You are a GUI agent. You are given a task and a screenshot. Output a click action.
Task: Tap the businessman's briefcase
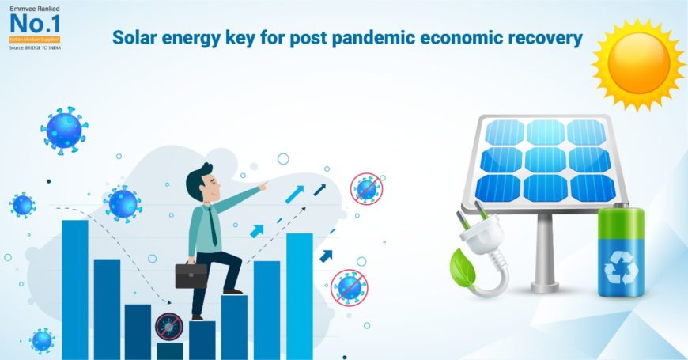tap(191, 275)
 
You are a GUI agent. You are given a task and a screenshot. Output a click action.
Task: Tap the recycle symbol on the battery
tap(620, 270)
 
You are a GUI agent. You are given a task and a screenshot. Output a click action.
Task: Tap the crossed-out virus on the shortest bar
tap(168, 326)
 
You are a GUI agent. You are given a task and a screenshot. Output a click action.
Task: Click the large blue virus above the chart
tap(64, 130)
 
